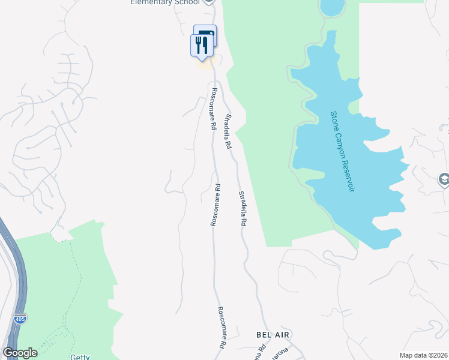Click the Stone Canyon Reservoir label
(x=342, y=151)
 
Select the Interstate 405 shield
(x=20, y=318)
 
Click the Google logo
(x=20, y=353)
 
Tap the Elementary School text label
(x=165, y=2)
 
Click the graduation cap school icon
(x=443, y=179)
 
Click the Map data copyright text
(x=423, y=355)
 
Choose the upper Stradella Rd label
(x=228, y=131)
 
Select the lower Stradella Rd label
(x=243, y=208)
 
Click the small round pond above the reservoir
(x=332, y=7)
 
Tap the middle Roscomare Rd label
(x=215, y=205)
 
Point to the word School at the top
(x=187, y=2)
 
